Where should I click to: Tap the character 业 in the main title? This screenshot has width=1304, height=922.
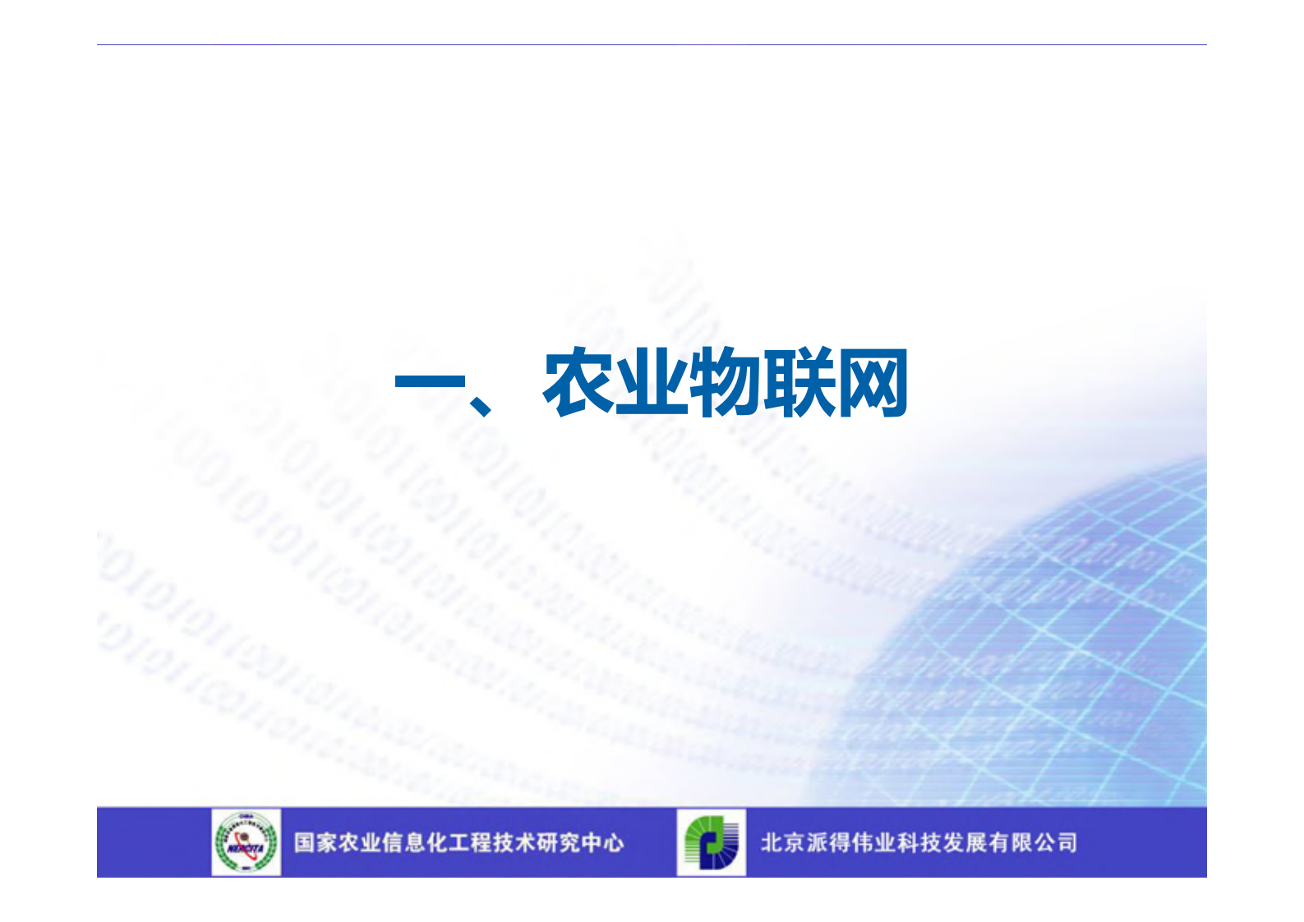pyautogui.click(x=651, y=383)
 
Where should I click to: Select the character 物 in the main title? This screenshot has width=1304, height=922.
pyautogui.click(x=724, y=383)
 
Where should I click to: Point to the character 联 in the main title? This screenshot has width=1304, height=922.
pyautogui.click(x=798, y=383)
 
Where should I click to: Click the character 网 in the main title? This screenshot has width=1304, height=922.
pyautogui.click(x=871, y=383)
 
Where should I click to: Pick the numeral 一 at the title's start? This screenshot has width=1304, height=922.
pyautogui.click(x=429, y=383)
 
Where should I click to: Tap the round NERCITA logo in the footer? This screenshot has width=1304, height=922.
pyautogui.click(x=246, y=842)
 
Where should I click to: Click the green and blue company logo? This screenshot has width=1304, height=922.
pyautogui.click(x=712, y=842)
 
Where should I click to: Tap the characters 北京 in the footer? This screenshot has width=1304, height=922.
pyautogui.click(x=782, y=843)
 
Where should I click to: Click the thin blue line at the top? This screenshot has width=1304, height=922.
pyautogui.click(x=652, y=45)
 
